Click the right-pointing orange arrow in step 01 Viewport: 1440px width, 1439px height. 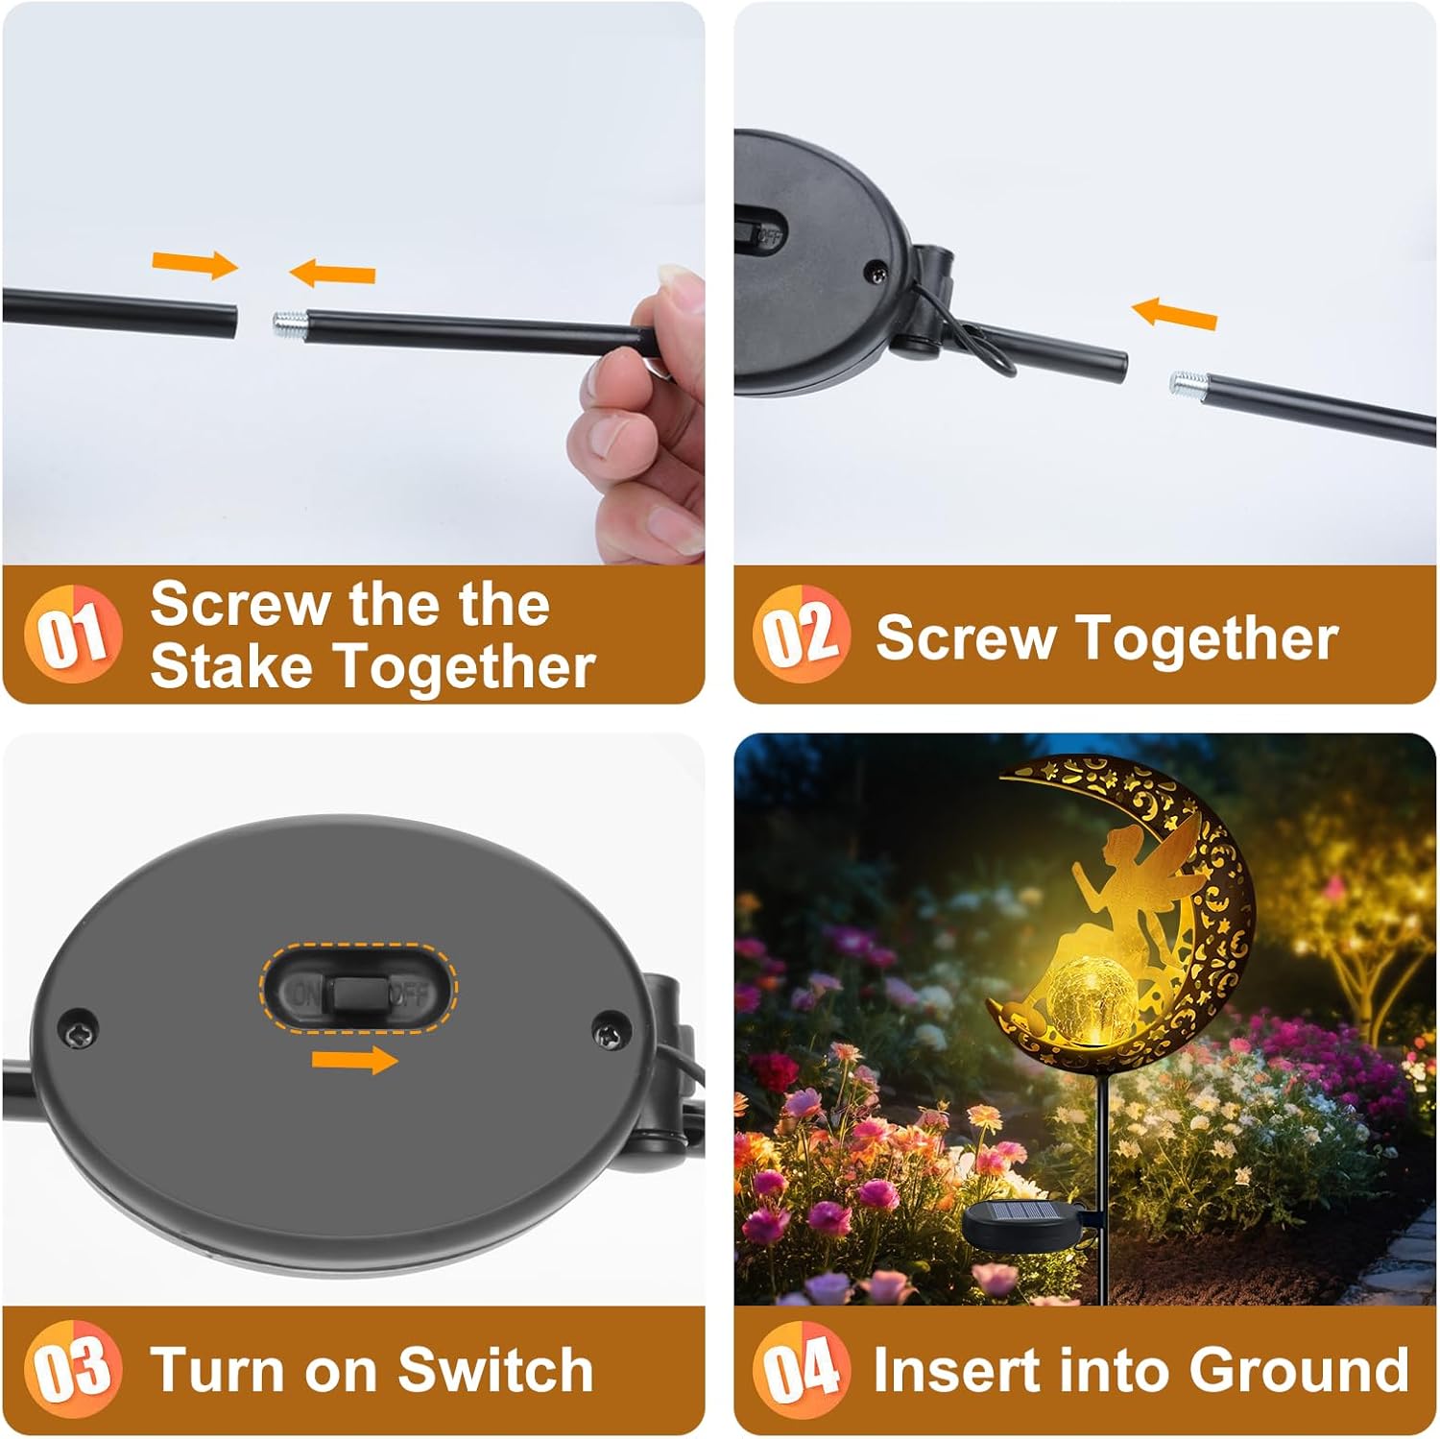pos(195,263)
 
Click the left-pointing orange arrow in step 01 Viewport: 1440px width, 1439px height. pos(332,273)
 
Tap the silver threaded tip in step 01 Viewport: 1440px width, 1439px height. pos(289,322)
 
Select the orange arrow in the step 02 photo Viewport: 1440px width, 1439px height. pos(1174,314)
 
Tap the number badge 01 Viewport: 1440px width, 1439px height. pos(73,634)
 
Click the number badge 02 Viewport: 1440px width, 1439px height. pos(802,634)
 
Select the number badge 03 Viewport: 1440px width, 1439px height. pos(73,1369)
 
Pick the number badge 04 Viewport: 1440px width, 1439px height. pos(802,1369)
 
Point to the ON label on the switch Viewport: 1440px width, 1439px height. pos(306,993)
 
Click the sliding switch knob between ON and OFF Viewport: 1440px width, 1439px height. pos(359,995)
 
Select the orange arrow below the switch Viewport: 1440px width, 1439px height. pos(354,1060)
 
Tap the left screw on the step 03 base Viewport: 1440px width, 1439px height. pos(79,1027)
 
